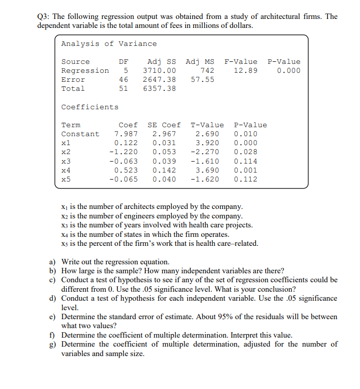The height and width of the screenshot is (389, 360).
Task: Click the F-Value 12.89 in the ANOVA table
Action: pyautogui.click(x=246, y=71)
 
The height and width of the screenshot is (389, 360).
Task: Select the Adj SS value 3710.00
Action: pyautogui.click(x=159, y=71)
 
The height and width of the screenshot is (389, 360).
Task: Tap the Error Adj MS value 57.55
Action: pyautogui.click(x=202, y=80)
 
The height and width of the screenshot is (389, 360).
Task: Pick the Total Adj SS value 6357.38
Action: pyautogui.click(x=159, y=89)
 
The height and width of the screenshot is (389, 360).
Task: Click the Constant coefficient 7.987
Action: pyautogui.click(x=126, y=134)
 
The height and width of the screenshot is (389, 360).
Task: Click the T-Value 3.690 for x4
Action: pyautogui.click(x=207, y=170)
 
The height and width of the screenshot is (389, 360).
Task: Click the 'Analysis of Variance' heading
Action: pyautogui.click(x=109, y=44)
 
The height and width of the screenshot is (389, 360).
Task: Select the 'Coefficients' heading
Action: pyautogui.click(x=90, y=107)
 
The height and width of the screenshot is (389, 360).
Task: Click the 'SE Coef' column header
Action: pyautogui.click(x=164, y=125)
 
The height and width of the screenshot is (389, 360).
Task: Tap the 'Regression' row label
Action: pyautogui.click(x=85, y=71)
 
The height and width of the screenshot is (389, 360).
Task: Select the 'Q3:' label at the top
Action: pyautogui.click(x=45, y=16)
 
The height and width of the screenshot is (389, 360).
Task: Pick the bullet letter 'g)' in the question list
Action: pyautogui.click(x=52, y=344)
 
